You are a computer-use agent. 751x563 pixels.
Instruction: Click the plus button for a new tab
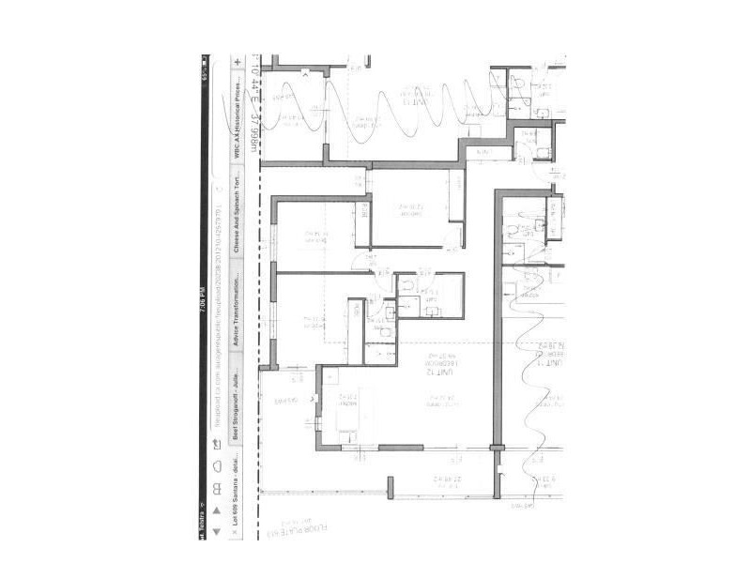pyautogui.click(x=238, y=62)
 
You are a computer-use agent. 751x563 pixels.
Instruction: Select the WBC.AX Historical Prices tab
pyautogui.click(x=238, y=108)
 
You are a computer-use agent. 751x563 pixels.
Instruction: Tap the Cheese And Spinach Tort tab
pyautogui.click(x=238, y=204)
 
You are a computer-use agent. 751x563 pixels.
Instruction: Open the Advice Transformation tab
pyautogui.click(x=238, y=310)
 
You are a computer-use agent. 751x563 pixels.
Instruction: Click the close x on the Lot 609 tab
pyautogui.click(x=237, y=531)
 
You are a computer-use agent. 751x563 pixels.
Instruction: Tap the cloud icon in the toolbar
pyautogui.click(x=218, y=465)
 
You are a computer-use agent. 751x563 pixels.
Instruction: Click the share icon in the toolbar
pyautogui.click(x=218, y=445)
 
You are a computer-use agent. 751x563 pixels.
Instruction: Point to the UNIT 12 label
pyautogui.click(x=436, y=372)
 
